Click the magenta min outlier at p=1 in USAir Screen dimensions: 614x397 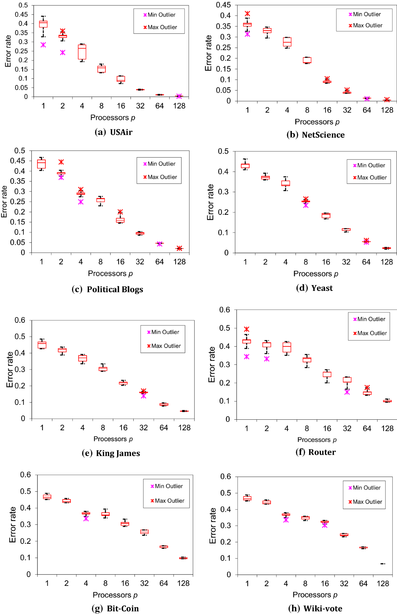coord(43,45)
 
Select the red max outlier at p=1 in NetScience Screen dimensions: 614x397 coord(247,14)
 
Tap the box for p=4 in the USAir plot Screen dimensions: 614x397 coord(82,52)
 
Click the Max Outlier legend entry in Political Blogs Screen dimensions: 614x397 coord(160,177)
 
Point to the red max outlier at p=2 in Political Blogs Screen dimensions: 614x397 coord(61,162)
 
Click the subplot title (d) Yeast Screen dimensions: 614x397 coord(314,288)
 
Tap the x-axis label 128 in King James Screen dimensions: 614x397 coord(184,428)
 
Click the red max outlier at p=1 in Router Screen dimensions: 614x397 coord(246,329)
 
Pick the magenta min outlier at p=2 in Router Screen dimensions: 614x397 coord(267,359)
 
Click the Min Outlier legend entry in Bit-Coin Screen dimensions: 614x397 coord(166,486)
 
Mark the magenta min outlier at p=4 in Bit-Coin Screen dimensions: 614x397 coord(86,519)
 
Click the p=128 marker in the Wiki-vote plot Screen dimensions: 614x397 coord(383,564)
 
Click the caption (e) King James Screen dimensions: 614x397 coord(111,453)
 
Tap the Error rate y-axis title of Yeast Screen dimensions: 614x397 coord(210,202)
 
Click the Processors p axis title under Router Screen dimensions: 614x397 coord(317,440)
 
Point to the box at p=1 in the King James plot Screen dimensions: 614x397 coord(42,345)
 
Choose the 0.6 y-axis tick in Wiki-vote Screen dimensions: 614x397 coord(226,476)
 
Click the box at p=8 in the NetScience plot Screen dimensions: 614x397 coord(307,60)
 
